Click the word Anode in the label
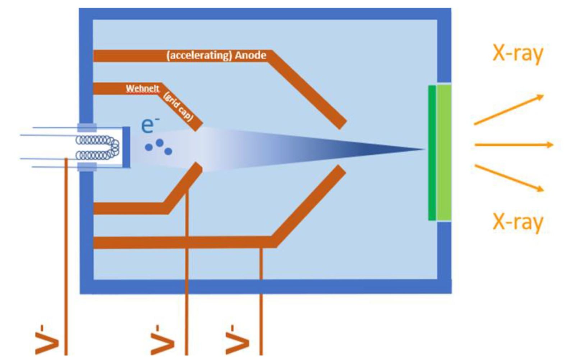(250, 55)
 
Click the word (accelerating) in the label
(199, 55)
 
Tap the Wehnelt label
(142, 88)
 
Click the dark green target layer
(432, 152)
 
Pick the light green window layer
(444, 152)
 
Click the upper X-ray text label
(517, 54)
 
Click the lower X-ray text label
(517, 222)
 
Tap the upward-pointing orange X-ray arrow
(509, 110)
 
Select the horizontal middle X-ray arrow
(514, 145)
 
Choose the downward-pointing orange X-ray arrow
(509, 178)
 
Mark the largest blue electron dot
(160, 143)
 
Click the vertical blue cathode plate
(126, 147)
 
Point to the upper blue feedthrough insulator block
(87, 127)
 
